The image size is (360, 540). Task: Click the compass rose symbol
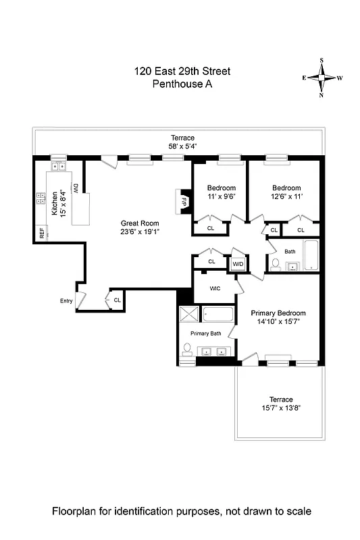pos(322,78)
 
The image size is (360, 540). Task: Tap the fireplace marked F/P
pos(182,199)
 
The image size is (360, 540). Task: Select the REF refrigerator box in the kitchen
pos(42,234)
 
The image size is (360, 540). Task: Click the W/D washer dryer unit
pos(238,264)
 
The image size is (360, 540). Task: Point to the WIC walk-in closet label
pos(215,288)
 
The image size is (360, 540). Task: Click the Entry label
pos(66,301)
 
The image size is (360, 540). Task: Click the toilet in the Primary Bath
pos(187,349)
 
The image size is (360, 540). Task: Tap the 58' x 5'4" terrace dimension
pos(182,146)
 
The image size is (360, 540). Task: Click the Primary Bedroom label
pos(278,313)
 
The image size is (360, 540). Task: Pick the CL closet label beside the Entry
pos(117,300)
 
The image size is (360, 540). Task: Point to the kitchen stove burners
pos(40,200)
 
